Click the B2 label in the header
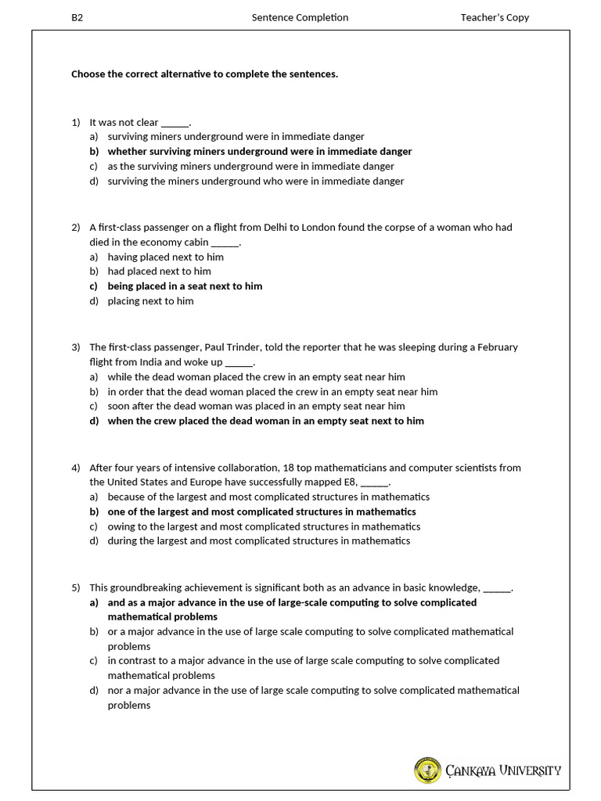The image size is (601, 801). click(x=77, y=17)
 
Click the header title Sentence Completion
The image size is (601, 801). click(x=300, y=17)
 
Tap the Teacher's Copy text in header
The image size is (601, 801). click(x=495, y=17)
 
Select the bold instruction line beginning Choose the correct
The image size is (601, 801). click(x=204, y=74)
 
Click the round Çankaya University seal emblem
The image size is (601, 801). click(x=427, y=770)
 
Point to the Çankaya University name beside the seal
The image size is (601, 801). click(x=503, y=770)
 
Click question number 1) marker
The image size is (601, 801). click(x=76, y=122)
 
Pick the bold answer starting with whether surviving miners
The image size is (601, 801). click(x=259, y=152)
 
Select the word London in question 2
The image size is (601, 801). click(x=344, y=228)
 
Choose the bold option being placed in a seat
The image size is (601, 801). click(x=185, y=286)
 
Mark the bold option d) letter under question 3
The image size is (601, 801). click(x=94, y=421)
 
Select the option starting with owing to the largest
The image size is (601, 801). click(x=264, y=526)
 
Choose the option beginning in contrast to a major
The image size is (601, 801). click(x=303, y=661)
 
